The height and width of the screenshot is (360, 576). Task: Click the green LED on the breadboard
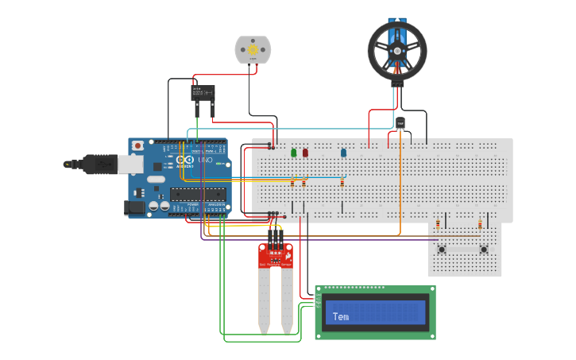pyautogui.click(x=293, y=153)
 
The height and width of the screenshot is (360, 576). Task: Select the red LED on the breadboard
pyautogui.click(x=304, y=153)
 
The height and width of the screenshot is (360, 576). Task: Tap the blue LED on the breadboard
pyautogui.click(x=343, y=153)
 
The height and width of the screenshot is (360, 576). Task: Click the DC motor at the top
pyautogui.click(x=253, y=50)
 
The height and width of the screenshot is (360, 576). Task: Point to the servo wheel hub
pyautogui.click(x=397, y=50)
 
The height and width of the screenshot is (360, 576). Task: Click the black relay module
pyautogui.click(x=203, y=93)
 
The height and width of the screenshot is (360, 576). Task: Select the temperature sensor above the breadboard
pyautogui.click(x=400, y=122)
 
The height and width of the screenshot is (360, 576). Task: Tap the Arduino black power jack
pyautogui.click(x=137, y=207)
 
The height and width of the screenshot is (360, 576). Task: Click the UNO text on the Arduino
pyautogui.click(x=204, y=160)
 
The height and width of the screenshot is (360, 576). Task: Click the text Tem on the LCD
pyautogui.click(x=340, y=316)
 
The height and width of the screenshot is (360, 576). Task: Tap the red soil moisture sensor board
pyautogui.click(x=276, y=255)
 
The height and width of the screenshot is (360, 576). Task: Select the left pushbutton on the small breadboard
pyautogui.click(x=443, y=250)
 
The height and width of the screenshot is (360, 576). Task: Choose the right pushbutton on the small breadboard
pyautogui.click(x=484, y=250)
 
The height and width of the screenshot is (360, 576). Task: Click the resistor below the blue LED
pyautogui.click(x=342, y=182)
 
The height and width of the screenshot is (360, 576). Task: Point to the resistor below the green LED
pyautogui.click(x=292, y=182)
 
